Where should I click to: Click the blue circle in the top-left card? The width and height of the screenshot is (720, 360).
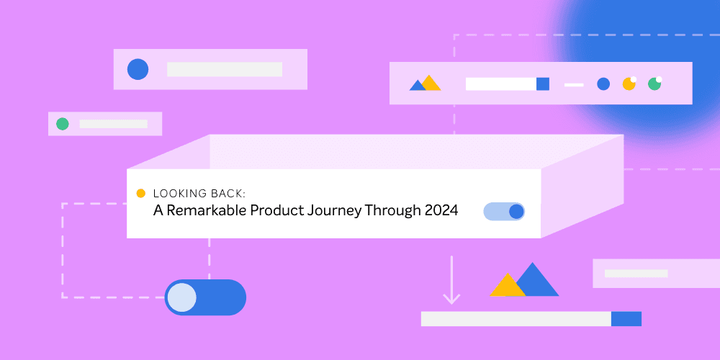138,69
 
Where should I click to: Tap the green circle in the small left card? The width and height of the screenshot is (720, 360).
63,124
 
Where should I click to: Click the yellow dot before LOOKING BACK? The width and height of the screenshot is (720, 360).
140,193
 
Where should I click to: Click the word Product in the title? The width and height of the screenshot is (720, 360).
276,211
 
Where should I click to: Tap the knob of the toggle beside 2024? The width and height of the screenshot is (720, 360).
516,212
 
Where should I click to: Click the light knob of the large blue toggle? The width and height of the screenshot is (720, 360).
182,297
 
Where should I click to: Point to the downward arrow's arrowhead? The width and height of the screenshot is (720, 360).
451,297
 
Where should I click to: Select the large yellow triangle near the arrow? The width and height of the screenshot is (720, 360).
507,286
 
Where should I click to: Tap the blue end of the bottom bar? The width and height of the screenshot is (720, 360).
626,319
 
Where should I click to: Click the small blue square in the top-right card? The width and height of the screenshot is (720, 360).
543,84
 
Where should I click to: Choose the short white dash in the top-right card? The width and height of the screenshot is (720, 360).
574,84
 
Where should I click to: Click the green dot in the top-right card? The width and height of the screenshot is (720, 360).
654,84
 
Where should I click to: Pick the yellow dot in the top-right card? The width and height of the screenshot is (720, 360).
629,84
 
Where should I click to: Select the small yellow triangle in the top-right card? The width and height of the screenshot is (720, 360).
431,84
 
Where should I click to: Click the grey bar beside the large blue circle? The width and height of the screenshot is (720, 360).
224,69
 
